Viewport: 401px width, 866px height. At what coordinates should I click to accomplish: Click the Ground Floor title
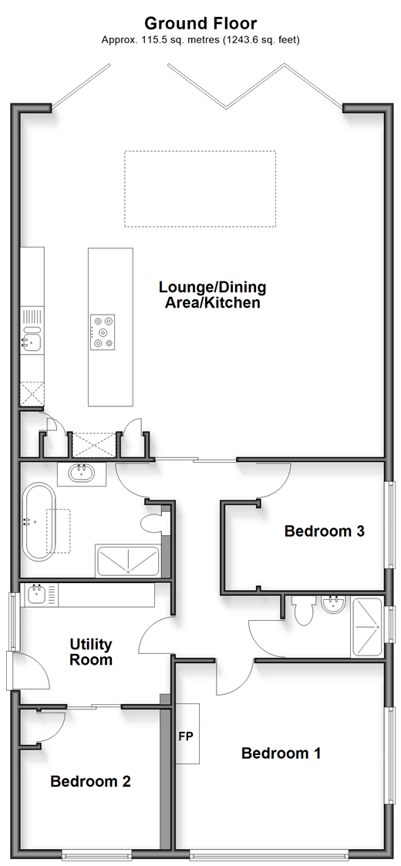coord(200,23)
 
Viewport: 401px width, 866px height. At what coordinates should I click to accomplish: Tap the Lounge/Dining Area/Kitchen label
coord(213,295)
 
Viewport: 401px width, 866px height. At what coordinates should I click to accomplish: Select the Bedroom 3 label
coord(324,531)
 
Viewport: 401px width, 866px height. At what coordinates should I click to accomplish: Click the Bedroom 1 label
coord(281,753)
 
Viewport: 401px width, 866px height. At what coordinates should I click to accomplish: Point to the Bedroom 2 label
coord(90,781)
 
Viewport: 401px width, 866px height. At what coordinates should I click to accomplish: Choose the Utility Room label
coord(91,652)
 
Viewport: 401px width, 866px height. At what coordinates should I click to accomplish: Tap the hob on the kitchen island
coord(103,332)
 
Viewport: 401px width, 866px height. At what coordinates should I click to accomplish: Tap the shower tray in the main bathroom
coord(128,561)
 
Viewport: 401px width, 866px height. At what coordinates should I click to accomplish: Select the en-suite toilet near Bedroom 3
coord(303,610)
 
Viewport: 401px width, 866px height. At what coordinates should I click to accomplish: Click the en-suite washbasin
coord(332,606)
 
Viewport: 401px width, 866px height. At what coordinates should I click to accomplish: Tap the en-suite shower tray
coord(366,628)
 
